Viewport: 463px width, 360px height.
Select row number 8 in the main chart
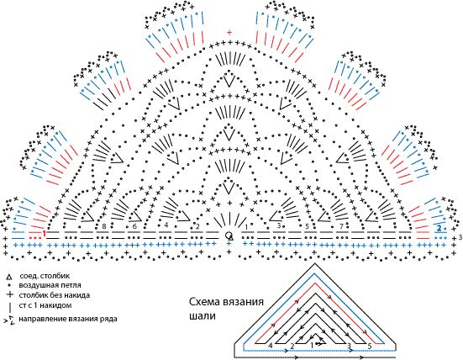click(x=103, y=226)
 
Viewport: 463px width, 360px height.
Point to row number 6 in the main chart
click(x=134, y=226)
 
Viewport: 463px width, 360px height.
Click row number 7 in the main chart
click(x=339, y=226)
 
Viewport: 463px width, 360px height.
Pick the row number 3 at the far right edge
click(x=460, y=238)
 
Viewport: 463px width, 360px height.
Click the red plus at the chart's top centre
click(x=229, y=33)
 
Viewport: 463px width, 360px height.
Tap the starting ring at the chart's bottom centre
click(x=229, y=235)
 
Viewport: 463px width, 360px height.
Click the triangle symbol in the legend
click(x=8, y=276)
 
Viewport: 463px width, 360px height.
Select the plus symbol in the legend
click(x=8, y=297)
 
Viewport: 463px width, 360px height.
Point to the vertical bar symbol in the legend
click(x=8, y=308)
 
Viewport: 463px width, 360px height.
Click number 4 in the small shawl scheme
click(x=271, y=345)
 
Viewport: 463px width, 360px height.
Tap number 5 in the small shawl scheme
click(x=370, y=345)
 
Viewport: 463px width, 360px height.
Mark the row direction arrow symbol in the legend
click(x=9, y=320)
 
